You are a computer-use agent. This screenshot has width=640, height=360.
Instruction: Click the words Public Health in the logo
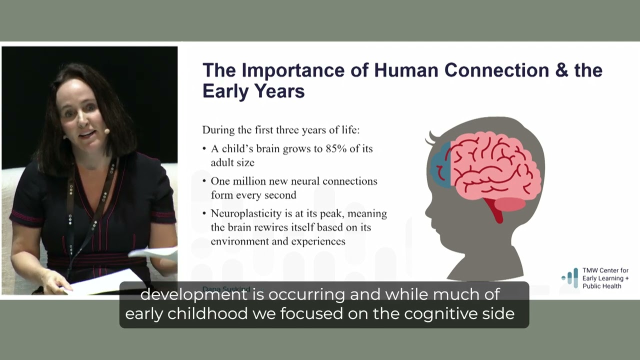(x=602, y=286)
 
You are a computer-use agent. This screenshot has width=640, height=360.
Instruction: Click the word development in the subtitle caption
(x=193, y=294)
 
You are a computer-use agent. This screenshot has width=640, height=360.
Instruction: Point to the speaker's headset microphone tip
(x=106, y=131)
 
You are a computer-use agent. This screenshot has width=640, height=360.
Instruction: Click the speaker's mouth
(x=87, y=134)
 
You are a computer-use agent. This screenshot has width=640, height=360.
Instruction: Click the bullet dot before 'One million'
(x=204, y=181)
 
